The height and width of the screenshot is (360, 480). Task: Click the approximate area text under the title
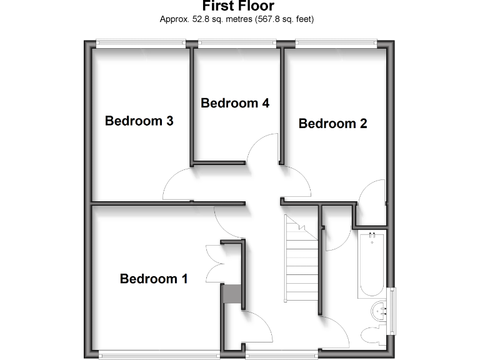point(237,19)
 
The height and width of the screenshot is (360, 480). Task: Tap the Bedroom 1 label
point(154,279)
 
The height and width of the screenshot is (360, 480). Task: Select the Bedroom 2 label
point(332,124)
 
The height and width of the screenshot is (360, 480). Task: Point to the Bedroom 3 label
point(139,121)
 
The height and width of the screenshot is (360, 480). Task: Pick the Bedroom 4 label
point(235,103)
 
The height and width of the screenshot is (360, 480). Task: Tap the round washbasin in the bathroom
point(379,309)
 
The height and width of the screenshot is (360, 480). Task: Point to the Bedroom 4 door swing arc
point(262,149)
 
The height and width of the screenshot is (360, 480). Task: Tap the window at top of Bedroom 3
point(141,43)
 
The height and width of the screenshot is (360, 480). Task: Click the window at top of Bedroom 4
point(237,43)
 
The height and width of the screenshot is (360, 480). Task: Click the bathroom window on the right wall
point(392,310)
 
